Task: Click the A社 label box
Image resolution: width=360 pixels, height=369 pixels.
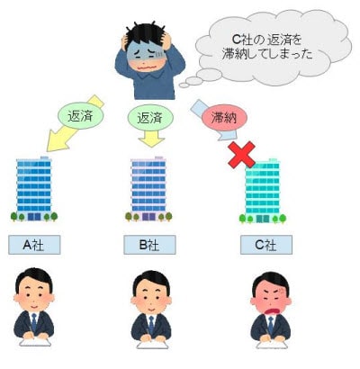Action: click(34, 245)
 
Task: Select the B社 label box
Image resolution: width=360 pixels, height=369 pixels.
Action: click(149, 245)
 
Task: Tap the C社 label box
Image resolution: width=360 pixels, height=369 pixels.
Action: click(266, 245)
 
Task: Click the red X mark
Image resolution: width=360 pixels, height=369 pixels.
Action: click(242, 155)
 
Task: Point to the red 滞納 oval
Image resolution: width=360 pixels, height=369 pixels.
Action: click(224, 118)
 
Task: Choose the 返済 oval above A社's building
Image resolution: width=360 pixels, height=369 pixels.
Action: click(81, 116)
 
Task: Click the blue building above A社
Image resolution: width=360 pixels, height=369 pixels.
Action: click(33, 189)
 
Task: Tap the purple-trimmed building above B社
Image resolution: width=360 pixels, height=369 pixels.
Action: click(148, 189)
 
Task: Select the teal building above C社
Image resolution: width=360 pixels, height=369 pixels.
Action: click(263, 192)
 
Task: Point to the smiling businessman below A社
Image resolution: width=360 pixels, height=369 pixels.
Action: click(34, 308)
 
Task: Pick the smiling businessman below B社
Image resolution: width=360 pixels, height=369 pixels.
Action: click(151, 309)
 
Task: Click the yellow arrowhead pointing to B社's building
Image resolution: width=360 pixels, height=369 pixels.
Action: click(151, 142)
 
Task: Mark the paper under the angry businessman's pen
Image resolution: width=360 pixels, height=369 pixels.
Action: click(272, 345)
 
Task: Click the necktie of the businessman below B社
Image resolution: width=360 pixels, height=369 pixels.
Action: click(151, 323)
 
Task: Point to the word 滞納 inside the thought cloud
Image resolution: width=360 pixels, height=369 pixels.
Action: click(234, 54)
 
